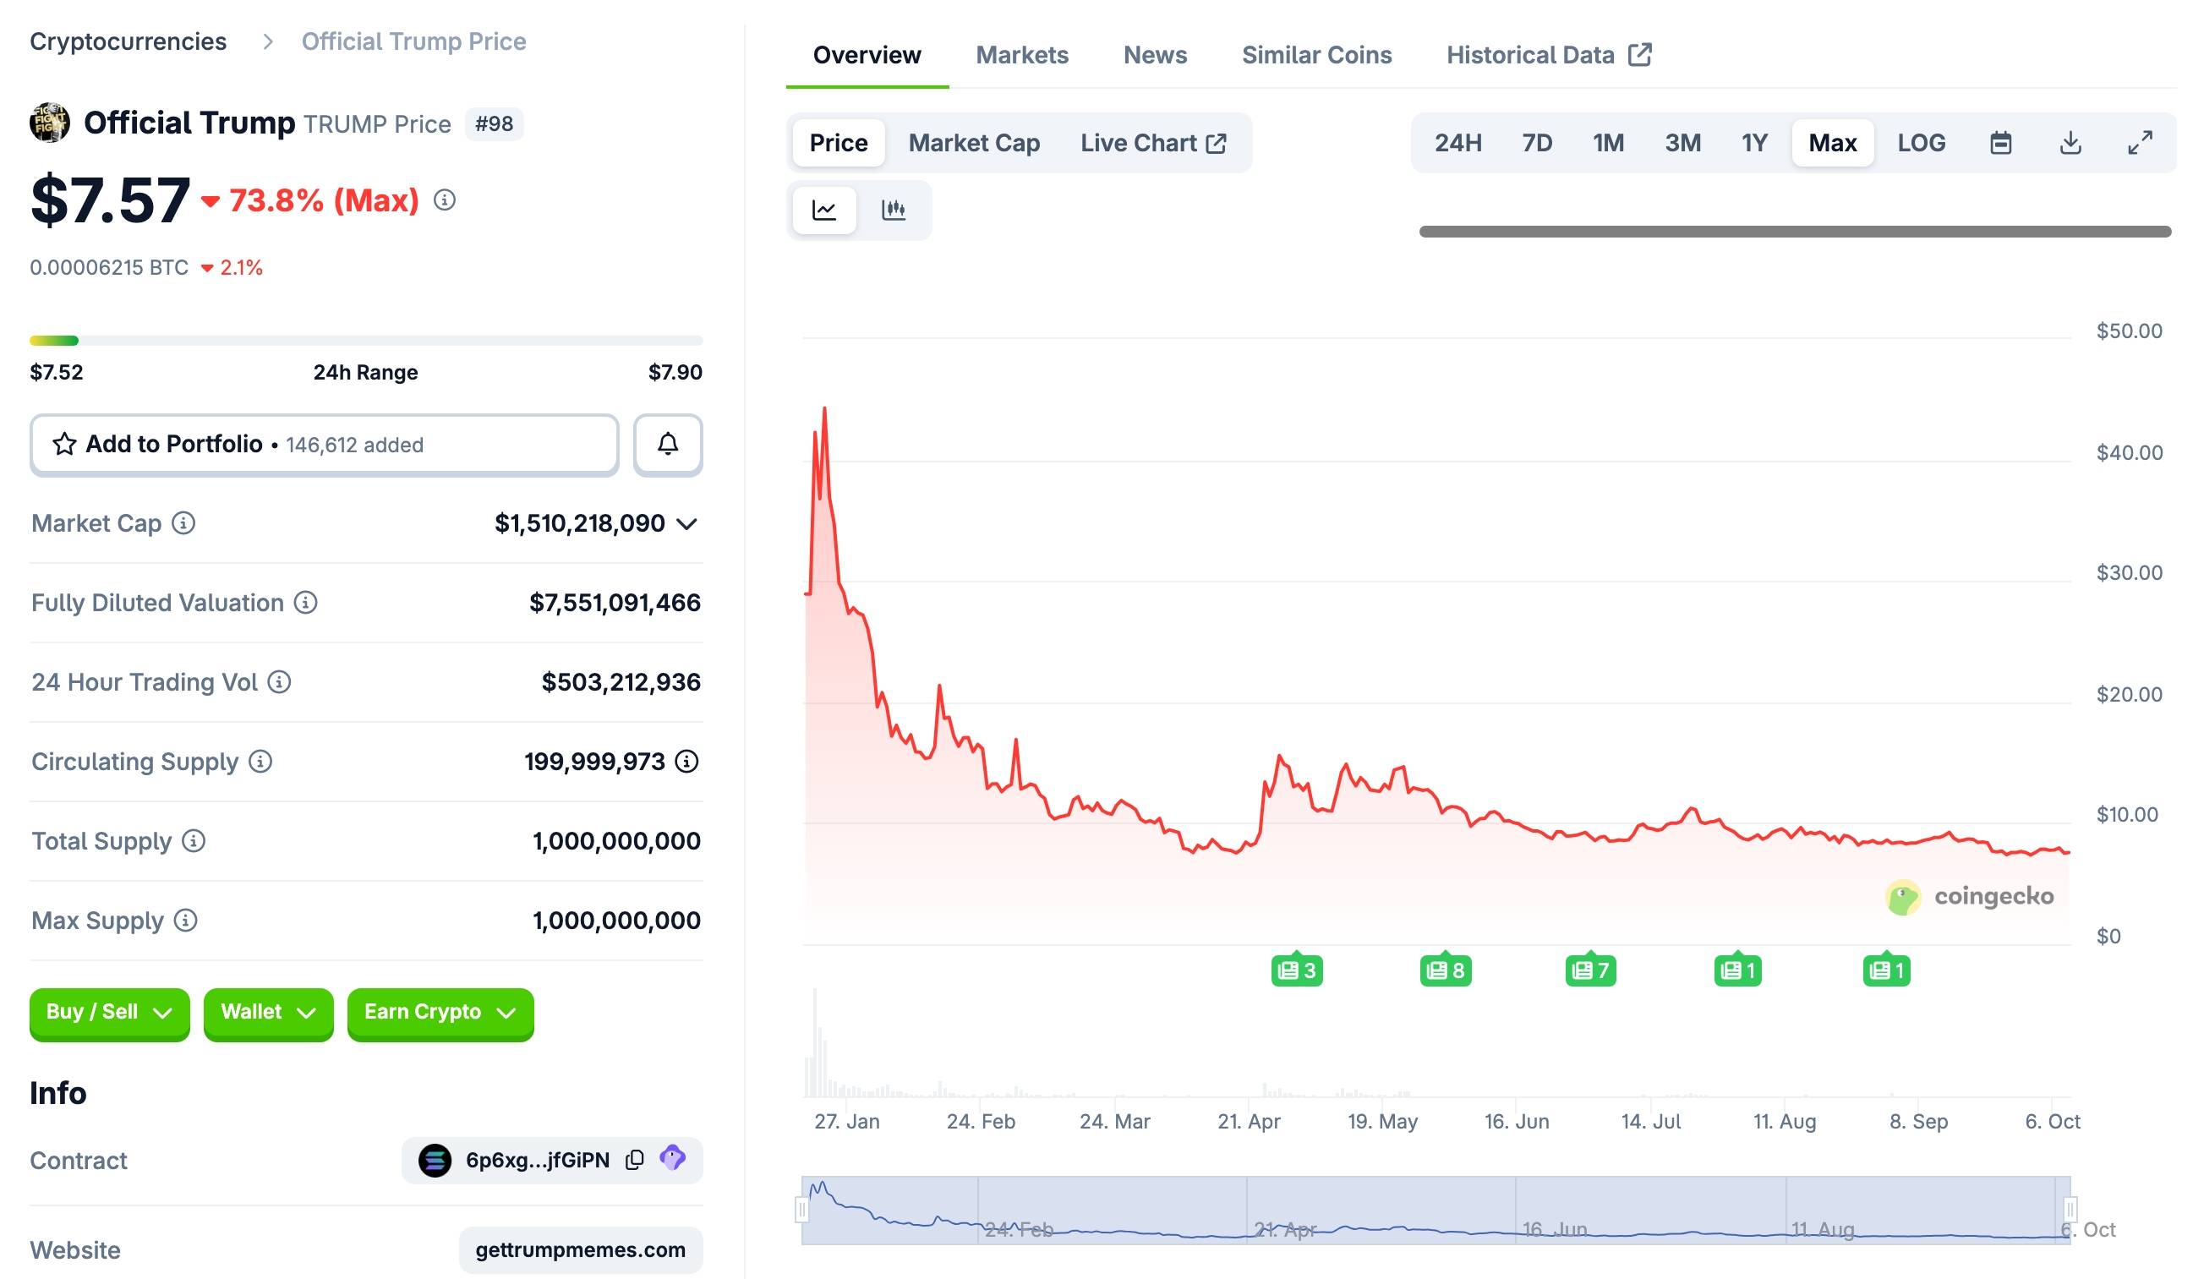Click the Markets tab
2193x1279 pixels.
pos(1021,55)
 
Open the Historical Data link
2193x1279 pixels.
pos(1548,55)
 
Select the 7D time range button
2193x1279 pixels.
pos(1537,143)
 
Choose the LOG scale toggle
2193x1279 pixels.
pos(1921,143)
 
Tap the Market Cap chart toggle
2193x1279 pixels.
pos(974,143)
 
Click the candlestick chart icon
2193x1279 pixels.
pos(894,210)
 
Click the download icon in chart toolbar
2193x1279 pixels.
pos(2070,143)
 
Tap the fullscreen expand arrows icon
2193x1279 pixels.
pos(2140,143)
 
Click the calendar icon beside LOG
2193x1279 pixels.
pos(2001,143)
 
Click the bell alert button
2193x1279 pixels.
pos(668,445)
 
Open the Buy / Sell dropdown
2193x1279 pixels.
pos(110,1012)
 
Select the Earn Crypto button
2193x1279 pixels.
pos(440,1012)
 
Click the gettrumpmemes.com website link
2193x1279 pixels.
pos(581,1249)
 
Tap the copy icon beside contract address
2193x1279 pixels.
pos(634,1160)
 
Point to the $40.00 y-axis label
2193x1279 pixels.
pos(2129,452)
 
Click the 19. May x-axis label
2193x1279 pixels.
pos(1383,1122)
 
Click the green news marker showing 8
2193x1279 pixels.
pos(1446,970)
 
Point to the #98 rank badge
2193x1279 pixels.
pos(494,123)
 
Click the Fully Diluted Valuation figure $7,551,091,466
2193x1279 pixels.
pos(615,602)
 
